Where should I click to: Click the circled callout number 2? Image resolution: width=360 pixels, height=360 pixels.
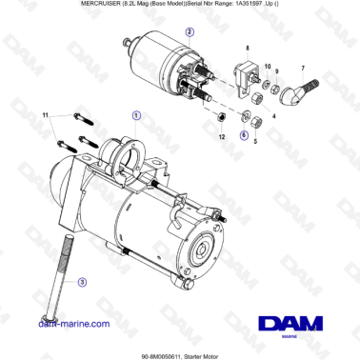(190, 31)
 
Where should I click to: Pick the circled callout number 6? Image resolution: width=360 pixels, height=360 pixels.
(243, 135)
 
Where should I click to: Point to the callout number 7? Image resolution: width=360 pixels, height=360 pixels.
(302, 70)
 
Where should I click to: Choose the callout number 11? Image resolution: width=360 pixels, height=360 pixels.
(45, 116)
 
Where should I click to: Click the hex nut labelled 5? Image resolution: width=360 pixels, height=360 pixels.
(258, 119)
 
